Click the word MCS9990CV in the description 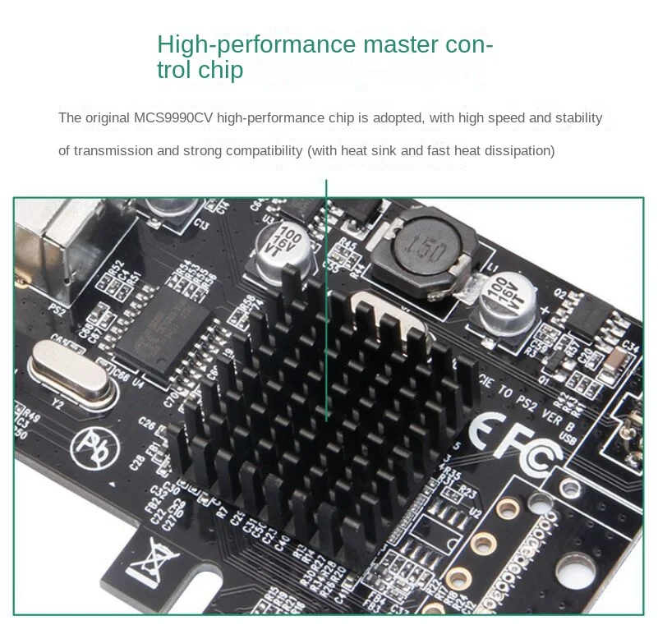[177, 118]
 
